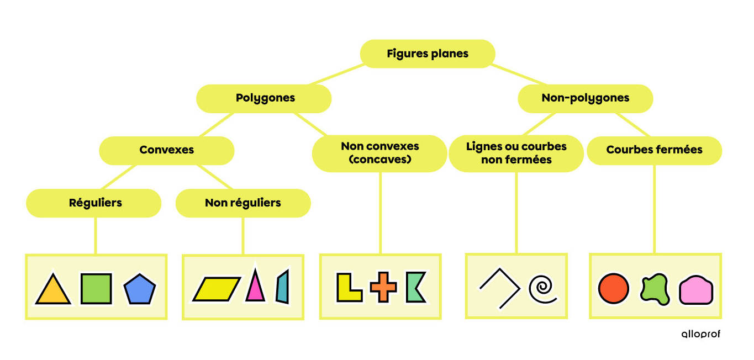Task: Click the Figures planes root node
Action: (x=428, y=54)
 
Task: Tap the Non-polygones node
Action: (x=585, y=98)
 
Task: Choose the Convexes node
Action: (x=166, y=150)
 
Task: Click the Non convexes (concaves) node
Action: (x=379, y=153)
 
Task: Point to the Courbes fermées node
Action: (x=654, y=150)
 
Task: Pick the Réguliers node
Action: (x=95, y=203)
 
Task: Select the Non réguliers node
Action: (x=242, y=203)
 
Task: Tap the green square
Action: (x=96, y=289)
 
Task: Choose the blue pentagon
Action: (x=140, y=290)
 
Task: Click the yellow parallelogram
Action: (x=216, y=289)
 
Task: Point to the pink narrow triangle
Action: (x=255, y=287)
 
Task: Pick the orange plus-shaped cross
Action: (x=383, y=288)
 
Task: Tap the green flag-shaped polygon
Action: (x=415, y=287)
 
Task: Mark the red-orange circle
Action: (x=613, y=289)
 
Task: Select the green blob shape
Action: (x=655, y=289)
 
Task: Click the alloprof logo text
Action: (x=700, y=334)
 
